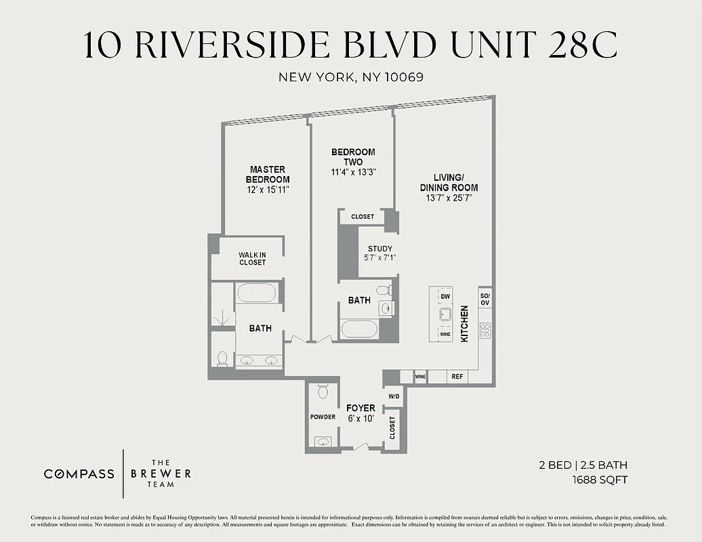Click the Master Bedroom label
(x=267, y=174)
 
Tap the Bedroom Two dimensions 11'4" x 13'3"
(x=352, y=172)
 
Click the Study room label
(x=380, y=249)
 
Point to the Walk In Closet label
(x=252, y=258)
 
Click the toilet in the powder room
(x=323, y=392)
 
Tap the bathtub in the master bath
(x=255, y=293)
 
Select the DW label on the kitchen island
(x=445, y=297)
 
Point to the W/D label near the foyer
(x=394, y=396)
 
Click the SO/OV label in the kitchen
(x=485, y=299)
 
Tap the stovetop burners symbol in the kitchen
(x=485, y=330)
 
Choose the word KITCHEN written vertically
(x=465, y=323)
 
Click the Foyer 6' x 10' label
(x=360, y=413)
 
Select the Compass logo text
(x=79, y=474)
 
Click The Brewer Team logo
(x=161, y=474)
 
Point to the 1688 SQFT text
(x=600, y=480)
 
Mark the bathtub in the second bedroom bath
(x=360, y=330)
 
